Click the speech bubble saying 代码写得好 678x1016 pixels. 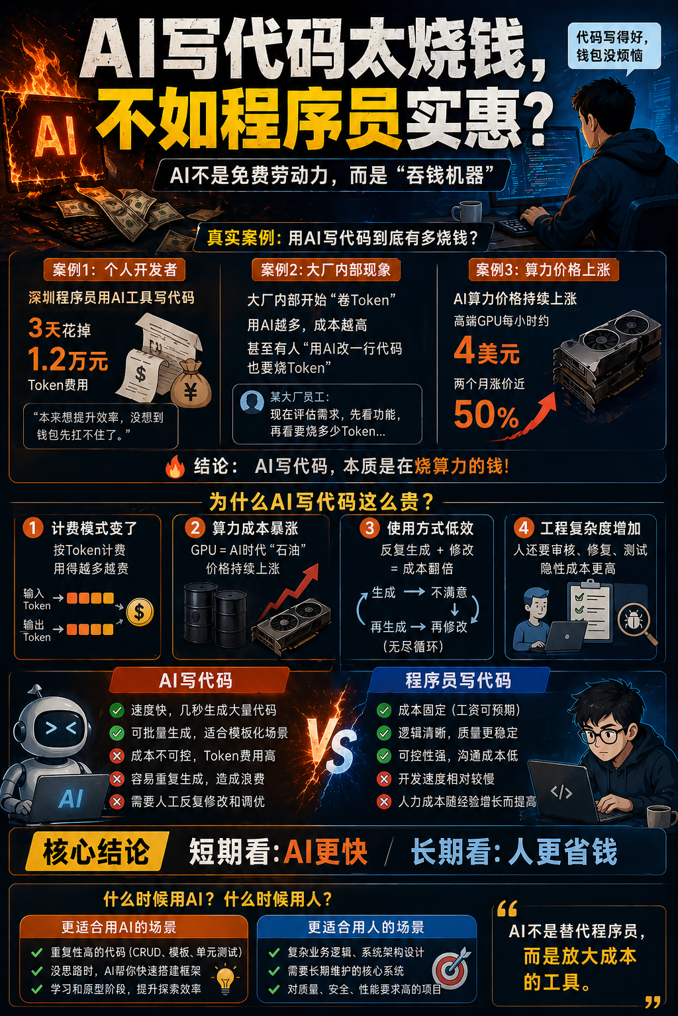613,46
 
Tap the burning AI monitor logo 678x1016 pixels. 56,136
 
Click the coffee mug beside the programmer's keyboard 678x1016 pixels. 467,212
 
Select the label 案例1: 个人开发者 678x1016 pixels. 115,270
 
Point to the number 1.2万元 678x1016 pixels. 68,360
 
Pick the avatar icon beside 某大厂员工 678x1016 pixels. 252,402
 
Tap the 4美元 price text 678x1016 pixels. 487,351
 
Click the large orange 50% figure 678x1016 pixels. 485,415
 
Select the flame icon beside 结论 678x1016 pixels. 175,466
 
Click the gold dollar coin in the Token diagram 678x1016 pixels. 139,611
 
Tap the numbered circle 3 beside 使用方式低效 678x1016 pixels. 369,528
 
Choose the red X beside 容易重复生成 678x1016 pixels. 117,779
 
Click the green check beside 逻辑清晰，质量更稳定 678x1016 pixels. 384,733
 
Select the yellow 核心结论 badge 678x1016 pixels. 96,852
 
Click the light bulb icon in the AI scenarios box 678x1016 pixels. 225,979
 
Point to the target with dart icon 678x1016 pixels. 452,968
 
